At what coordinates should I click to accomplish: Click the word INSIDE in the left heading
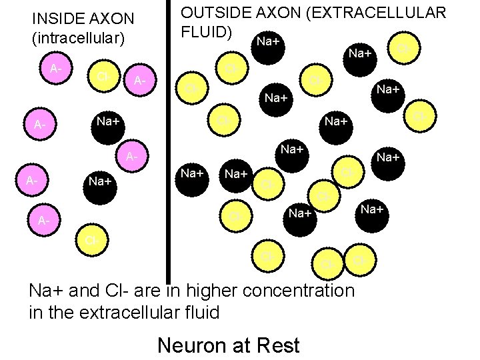56,18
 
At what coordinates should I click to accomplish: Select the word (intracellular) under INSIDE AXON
78,38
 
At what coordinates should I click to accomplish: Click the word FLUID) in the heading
207,31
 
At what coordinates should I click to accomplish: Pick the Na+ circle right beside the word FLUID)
268,43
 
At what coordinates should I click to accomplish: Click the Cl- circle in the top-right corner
403,49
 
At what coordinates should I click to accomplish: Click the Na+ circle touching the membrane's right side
193,173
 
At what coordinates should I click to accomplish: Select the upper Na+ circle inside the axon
107,122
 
